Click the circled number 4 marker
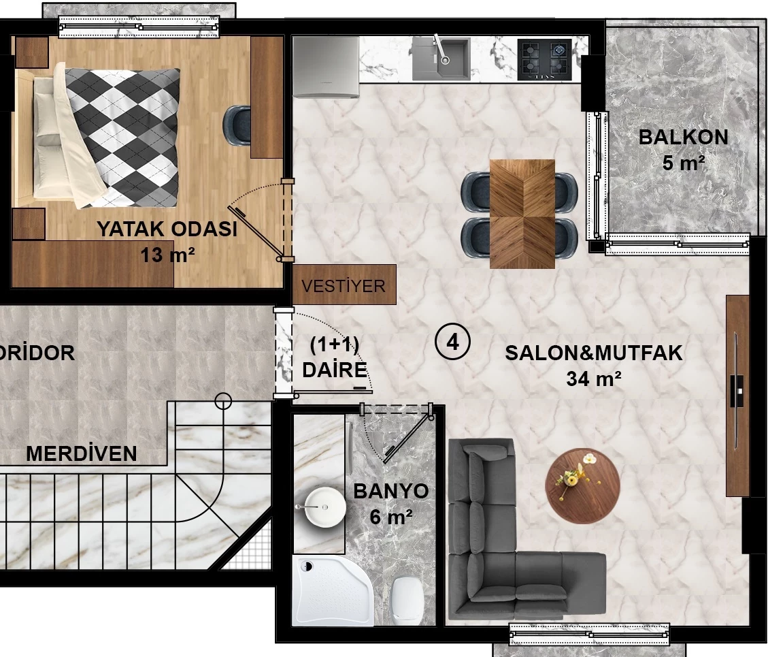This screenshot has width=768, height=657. click(452, 342)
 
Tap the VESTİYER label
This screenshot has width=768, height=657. click(344, 286)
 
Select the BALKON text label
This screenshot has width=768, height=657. click(684, 138)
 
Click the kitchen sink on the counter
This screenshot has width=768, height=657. click(441, 58)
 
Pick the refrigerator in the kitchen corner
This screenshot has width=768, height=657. click(327, 67)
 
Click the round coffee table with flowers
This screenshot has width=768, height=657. click(582, 486)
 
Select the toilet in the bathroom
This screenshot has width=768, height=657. click(407, 600)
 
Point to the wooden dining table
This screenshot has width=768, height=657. click(522, 214)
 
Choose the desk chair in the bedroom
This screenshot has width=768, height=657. click(237, 126)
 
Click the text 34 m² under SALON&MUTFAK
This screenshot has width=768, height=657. click(594, 379)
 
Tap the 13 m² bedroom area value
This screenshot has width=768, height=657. click(167, 255)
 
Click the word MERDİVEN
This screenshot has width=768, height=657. click(82, 453)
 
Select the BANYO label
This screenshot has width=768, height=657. click(391, 491)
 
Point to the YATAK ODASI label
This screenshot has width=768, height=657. click(167, 229)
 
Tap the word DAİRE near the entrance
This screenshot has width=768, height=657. click(335, 370)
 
